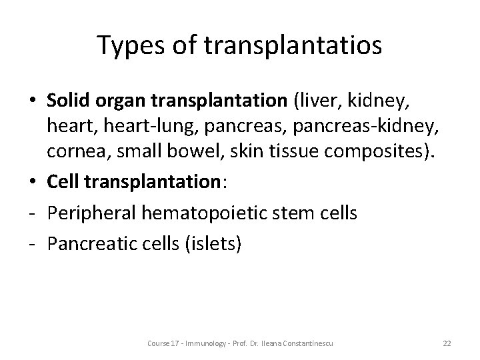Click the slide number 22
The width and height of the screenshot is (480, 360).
[x=447, y=343]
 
